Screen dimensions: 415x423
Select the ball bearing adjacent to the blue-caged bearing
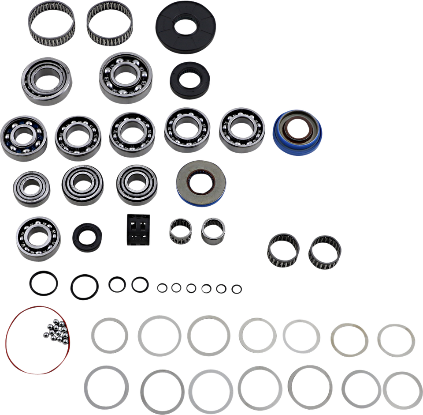[78, 137]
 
